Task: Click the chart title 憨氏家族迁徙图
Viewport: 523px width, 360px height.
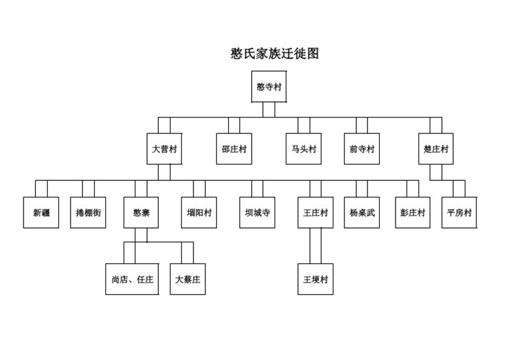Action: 275,54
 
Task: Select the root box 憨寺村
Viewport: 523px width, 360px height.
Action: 269,86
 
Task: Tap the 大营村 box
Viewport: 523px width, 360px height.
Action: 165,149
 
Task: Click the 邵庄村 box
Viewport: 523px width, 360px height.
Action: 234,149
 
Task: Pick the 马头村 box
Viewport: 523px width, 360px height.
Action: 303,149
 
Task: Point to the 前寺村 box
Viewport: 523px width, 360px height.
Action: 362,149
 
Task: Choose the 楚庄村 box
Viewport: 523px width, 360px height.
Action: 436,149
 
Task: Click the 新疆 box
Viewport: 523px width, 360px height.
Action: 41,212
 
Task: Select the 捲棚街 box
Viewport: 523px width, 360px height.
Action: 88,212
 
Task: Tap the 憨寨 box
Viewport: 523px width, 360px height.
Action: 141,212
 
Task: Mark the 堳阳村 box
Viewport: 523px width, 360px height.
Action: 199,212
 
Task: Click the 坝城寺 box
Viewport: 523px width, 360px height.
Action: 257,212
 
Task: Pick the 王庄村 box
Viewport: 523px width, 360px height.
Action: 316,212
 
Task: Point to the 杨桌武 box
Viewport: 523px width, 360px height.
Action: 362,212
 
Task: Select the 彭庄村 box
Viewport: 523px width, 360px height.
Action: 413,212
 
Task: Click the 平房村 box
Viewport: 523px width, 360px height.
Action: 460,212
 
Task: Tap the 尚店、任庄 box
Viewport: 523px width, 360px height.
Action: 132,279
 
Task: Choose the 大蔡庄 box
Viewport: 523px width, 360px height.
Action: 188,279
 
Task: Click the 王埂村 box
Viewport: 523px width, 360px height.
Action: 316,279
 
